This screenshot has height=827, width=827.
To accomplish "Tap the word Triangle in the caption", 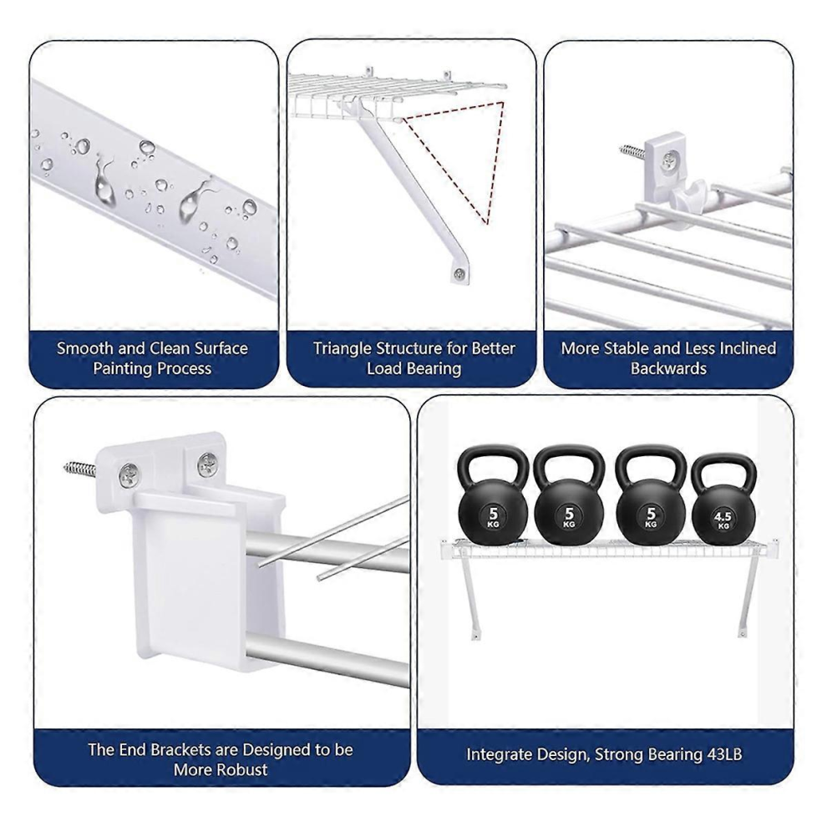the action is click(x=342, y=348).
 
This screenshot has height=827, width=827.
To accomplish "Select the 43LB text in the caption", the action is click(x=723, y=754).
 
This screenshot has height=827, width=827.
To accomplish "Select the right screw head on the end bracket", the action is click(x=207, y=464).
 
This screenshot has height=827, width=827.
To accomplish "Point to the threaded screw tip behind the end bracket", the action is click(x=80, y=467).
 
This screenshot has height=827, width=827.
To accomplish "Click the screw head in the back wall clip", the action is click(x=669, y=159).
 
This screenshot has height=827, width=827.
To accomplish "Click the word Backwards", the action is click(x=668, y=368).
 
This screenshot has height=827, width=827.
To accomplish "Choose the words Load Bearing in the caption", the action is click(x=414, y=368).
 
